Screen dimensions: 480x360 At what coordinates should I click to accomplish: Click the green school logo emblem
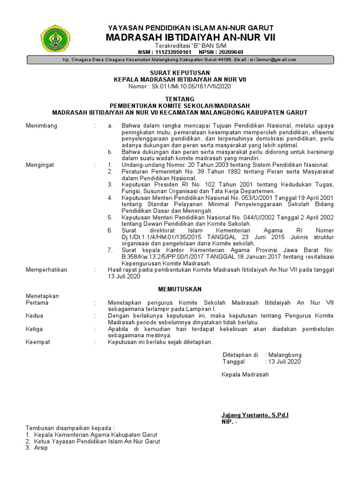(56, 39)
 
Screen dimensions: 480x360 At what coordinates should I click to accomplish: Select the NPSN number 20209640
(228, 52)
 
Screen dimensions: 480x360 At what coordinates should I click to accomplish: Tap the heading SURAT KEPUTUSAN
(180, 73)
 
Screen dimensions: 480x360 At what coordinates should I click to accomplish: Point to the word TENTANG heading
(180, 99)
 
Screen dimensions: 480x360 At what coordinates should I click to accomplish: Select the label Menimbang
(41, 126)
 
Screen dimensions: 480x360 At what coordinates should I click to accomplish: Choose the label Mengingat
(40, 165)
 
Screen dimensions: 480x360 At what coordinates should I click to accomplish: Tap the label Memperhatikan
(46, 270)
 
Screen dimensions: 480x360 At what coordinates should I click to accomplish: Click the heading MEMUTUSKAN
(180, 289)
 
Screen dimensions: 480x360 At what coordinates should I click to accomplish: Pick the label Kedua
(34, 316)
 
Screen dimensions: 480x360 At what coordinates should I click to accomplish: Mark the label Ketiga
(35, 329)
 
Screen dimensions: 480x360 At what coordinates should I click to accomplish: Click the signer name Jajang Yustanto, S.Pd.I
(255, 415)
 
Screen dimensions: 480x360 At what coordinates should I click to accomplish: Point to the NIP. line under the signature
(230, 422)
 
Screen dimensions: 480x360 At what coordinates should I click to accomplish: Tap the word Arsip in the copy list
(40, 448)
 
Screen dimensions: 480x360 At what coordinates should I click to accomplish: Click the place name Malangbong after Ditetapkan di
(285, 355)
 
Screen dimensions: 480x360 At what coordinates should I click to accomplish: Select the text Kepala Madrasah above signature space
(245, 375)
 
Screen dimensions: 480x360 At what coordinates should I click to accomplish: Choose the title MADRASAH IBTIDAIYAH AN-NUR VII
(190, 37)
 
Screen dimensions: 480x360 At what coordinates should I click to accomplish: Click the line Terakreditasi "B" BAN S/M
(190, 45)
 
